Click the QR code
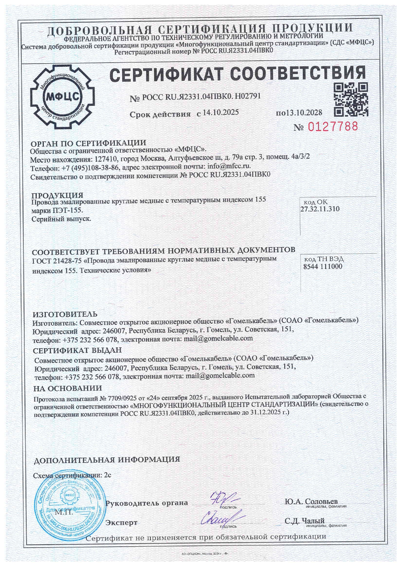coord(351,99)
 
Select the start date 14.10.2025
coord(221,113)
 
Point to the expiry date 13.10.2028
coord(304,113)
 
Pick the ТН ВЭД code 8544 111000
coord(323,267)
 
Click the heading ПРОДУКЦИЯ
coord(57,195)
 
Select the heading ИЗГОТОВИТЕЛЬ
coord(65,314)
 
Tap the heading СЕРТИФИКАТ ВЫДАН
coord(77,350)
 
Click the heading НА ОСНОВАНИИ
coord(68,388)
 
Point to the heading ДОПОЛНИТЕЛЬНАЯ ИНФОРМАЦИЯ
coord(107,460)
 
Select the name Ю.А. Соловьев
coord(311,501)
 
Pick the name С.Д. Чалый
coord(304,521)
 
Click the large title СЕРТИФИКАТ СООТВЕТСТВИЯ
coord(238,74)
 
